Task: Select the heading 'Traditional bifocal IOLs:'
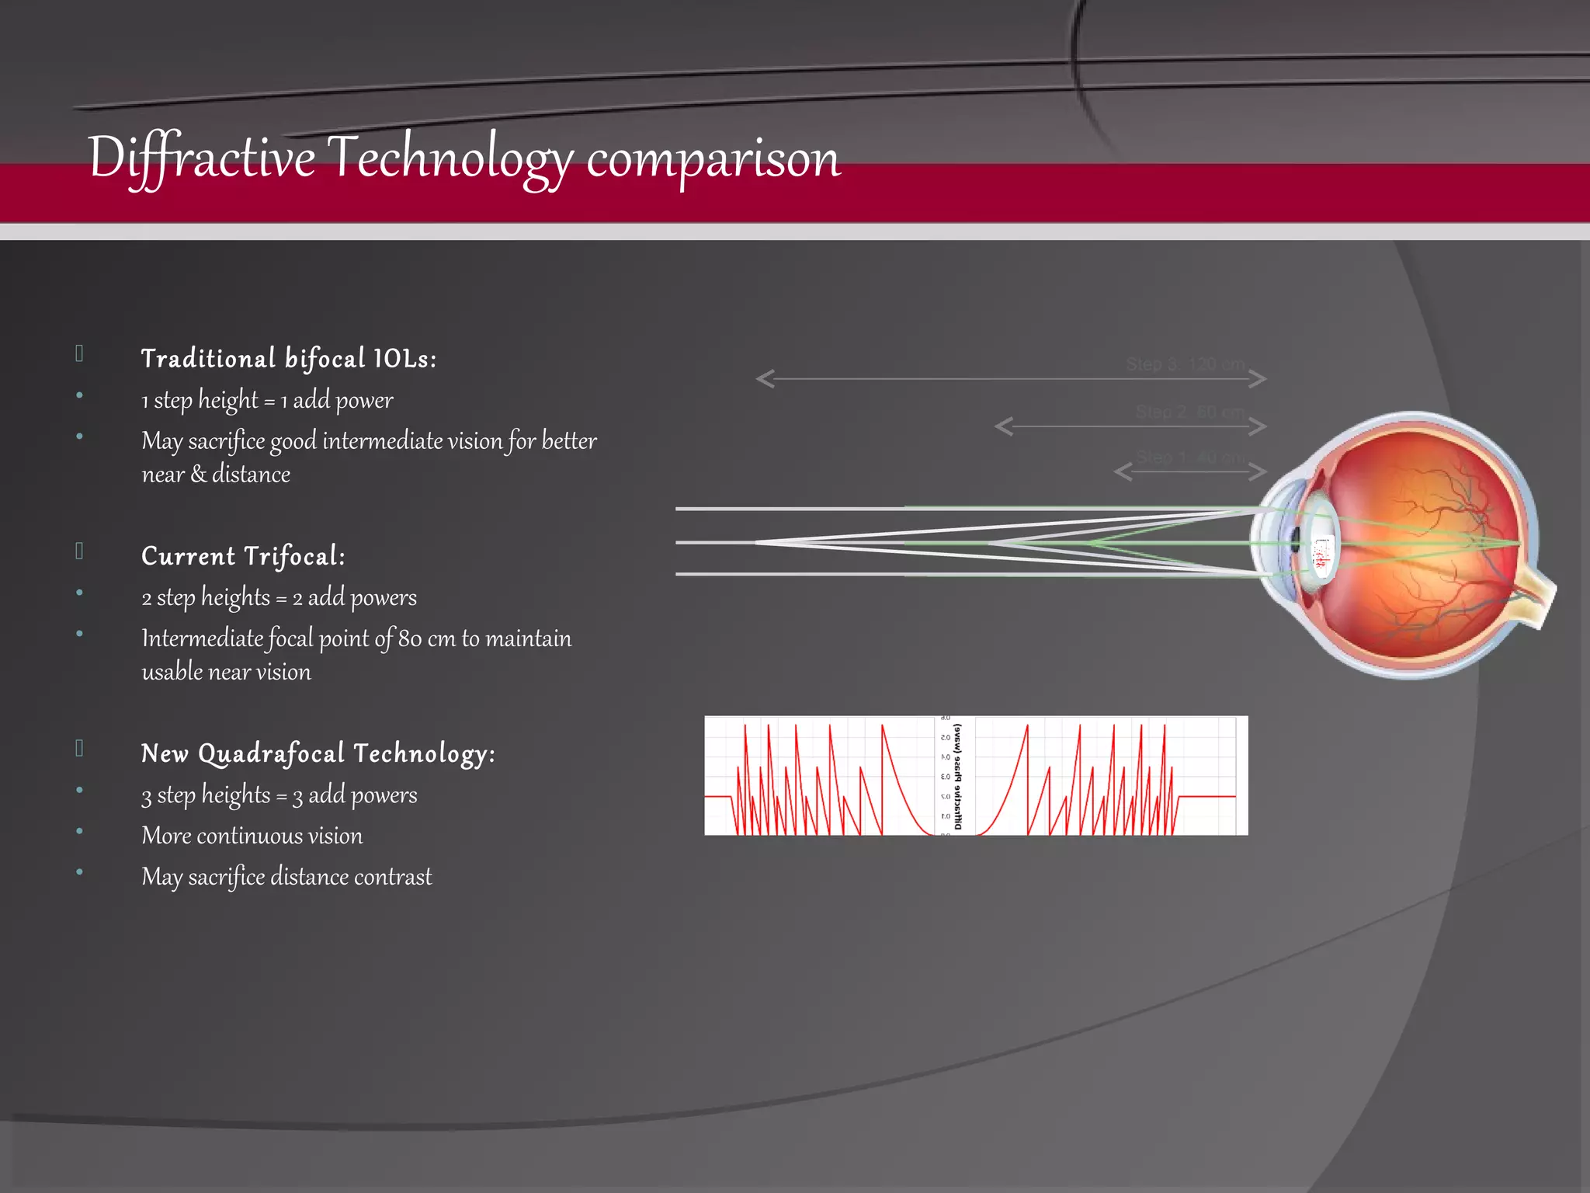coord(289,359)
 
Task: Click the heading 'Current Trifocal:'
coord(243,556)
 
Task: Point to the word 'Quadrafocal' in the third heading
coord(271,754)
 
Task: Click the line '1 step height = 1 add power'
coord(267,401)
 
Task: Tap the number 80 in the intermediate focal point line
coord(410,638)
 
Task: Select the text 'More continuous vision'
coord(252,836)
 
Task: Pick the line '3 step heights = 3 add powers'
coord(279,795)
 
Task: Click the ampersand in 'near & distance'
coord(198,474)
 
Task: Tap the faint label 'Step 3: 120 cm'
coord(1186,364)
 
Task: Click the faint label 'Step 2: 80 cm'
coord(1190,412)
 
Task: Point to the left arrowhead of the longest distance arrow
coord(765,379)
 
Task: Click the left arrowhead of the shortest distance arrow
coord(1123,471)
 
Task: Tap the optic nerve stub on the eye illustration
coord(1537,598)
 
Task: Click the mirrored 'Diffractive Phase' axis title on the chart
coord(957,777)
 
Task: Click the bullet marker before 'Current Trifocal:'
coord(79,551)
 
